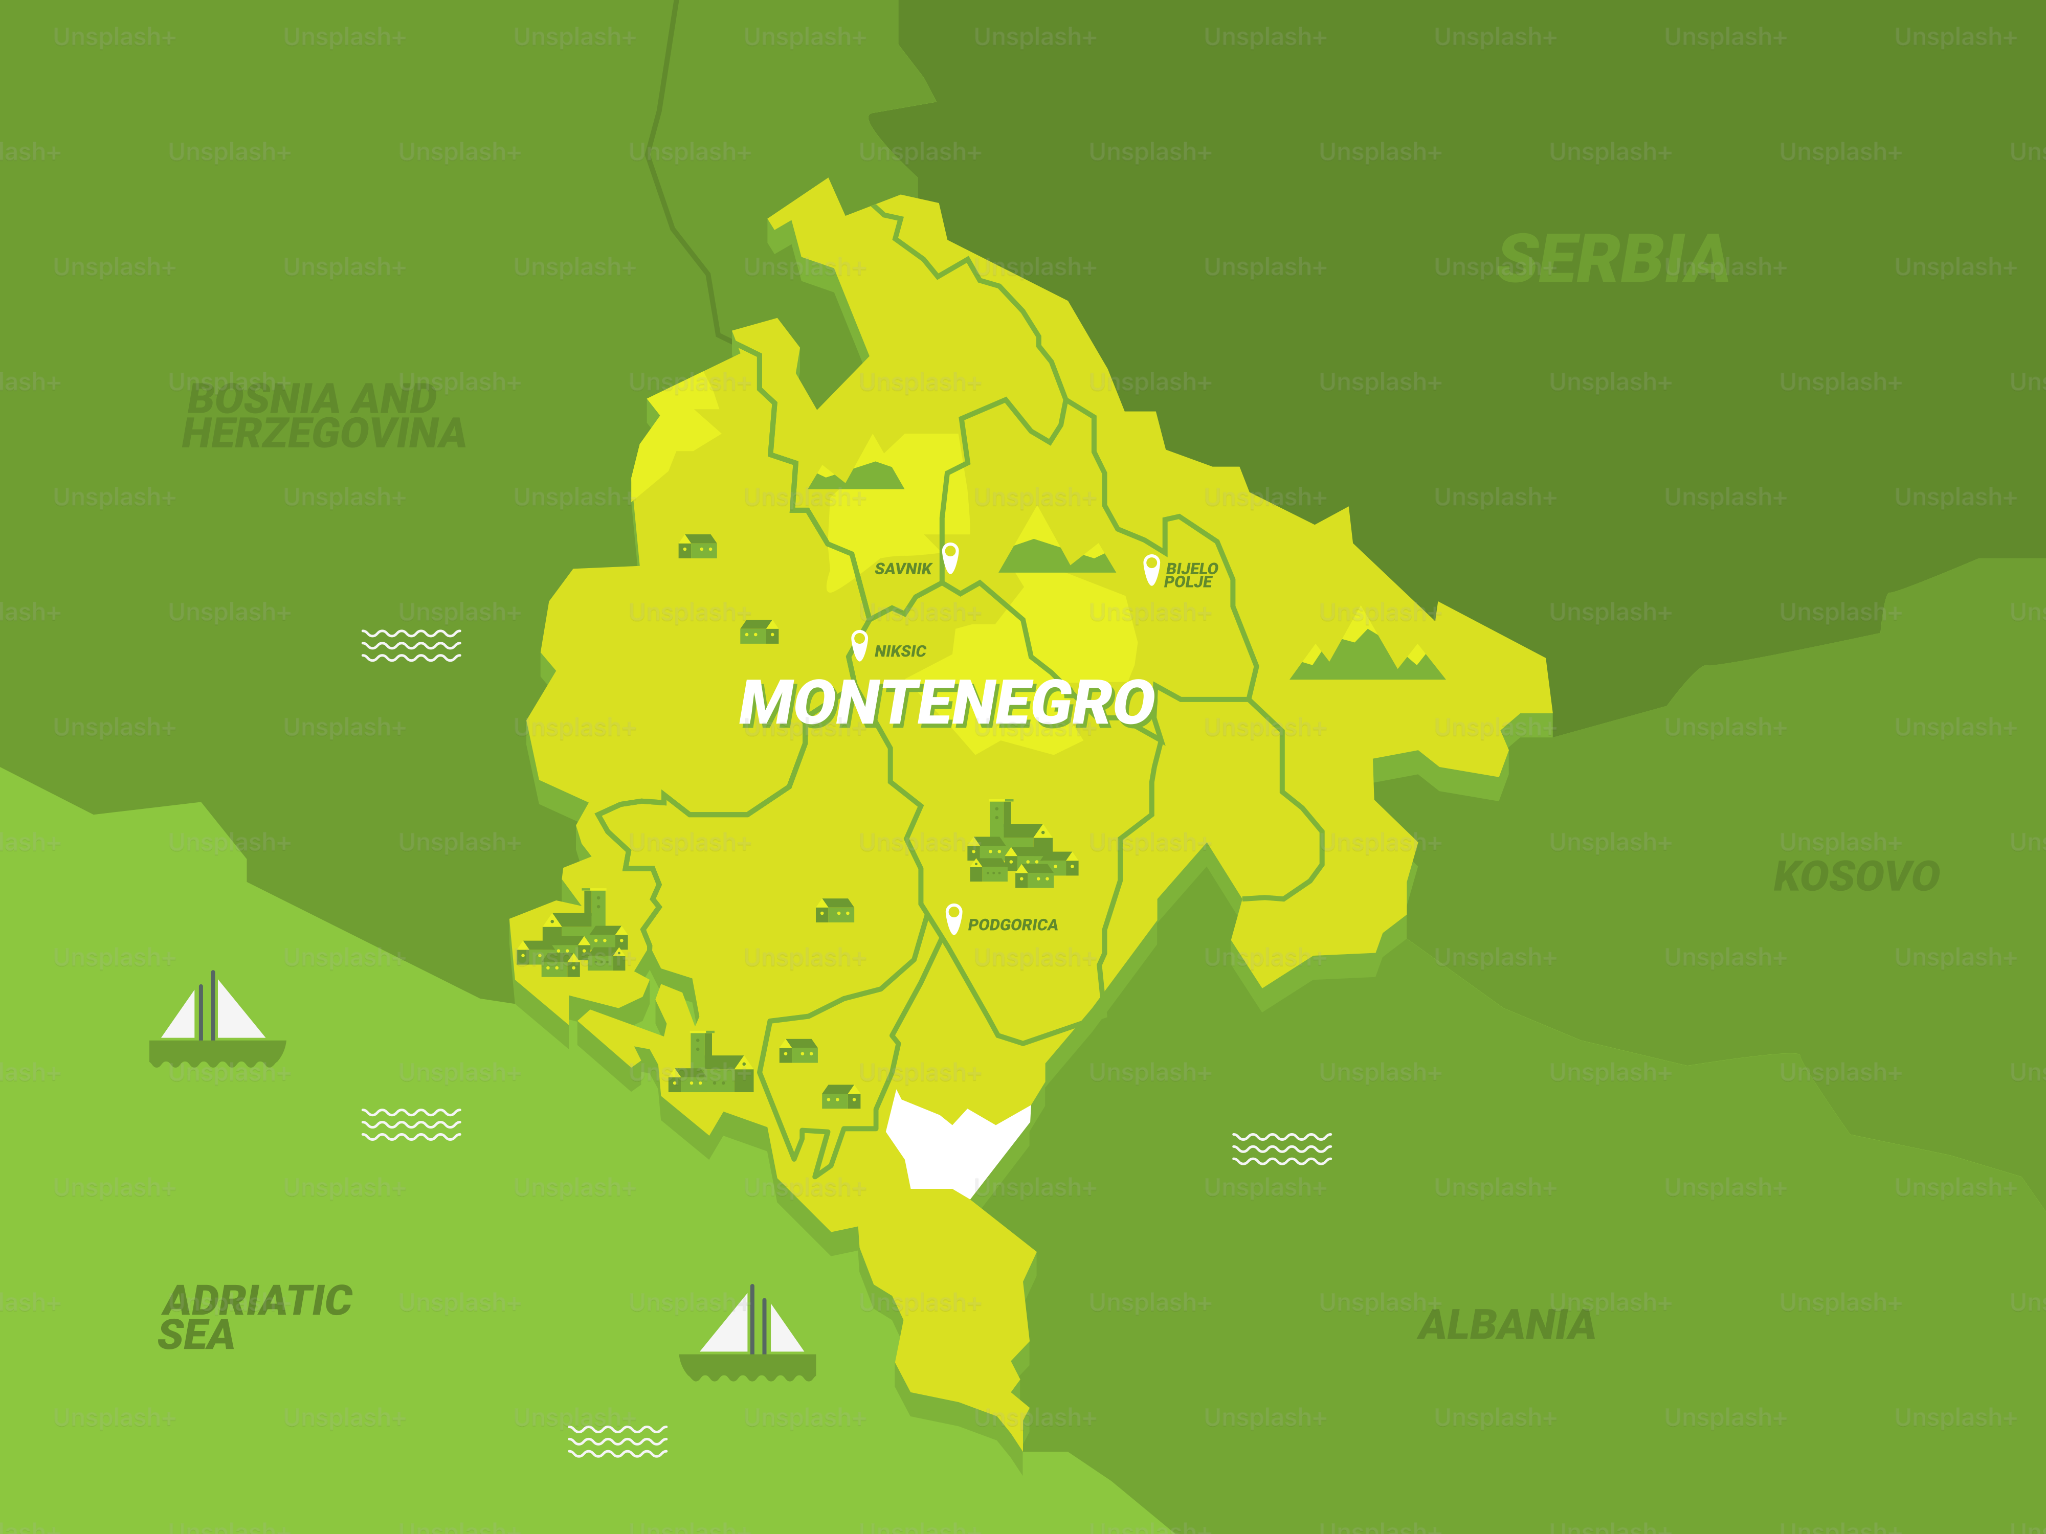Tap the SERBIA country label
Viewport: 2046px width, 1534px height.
1612,258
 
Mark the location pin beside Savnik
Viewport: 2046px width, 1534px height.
950,557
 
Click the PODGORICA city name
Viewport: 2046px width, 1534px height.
1012,924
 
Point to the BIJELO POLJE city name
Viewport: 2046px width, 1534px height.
1190,575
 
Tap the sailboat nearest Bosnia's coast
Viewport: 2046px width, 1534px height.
216,1022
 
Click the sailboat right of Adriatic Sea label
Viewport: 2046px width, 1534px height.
748,1336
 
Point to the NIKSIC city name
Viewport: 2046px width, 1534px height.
900,651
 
